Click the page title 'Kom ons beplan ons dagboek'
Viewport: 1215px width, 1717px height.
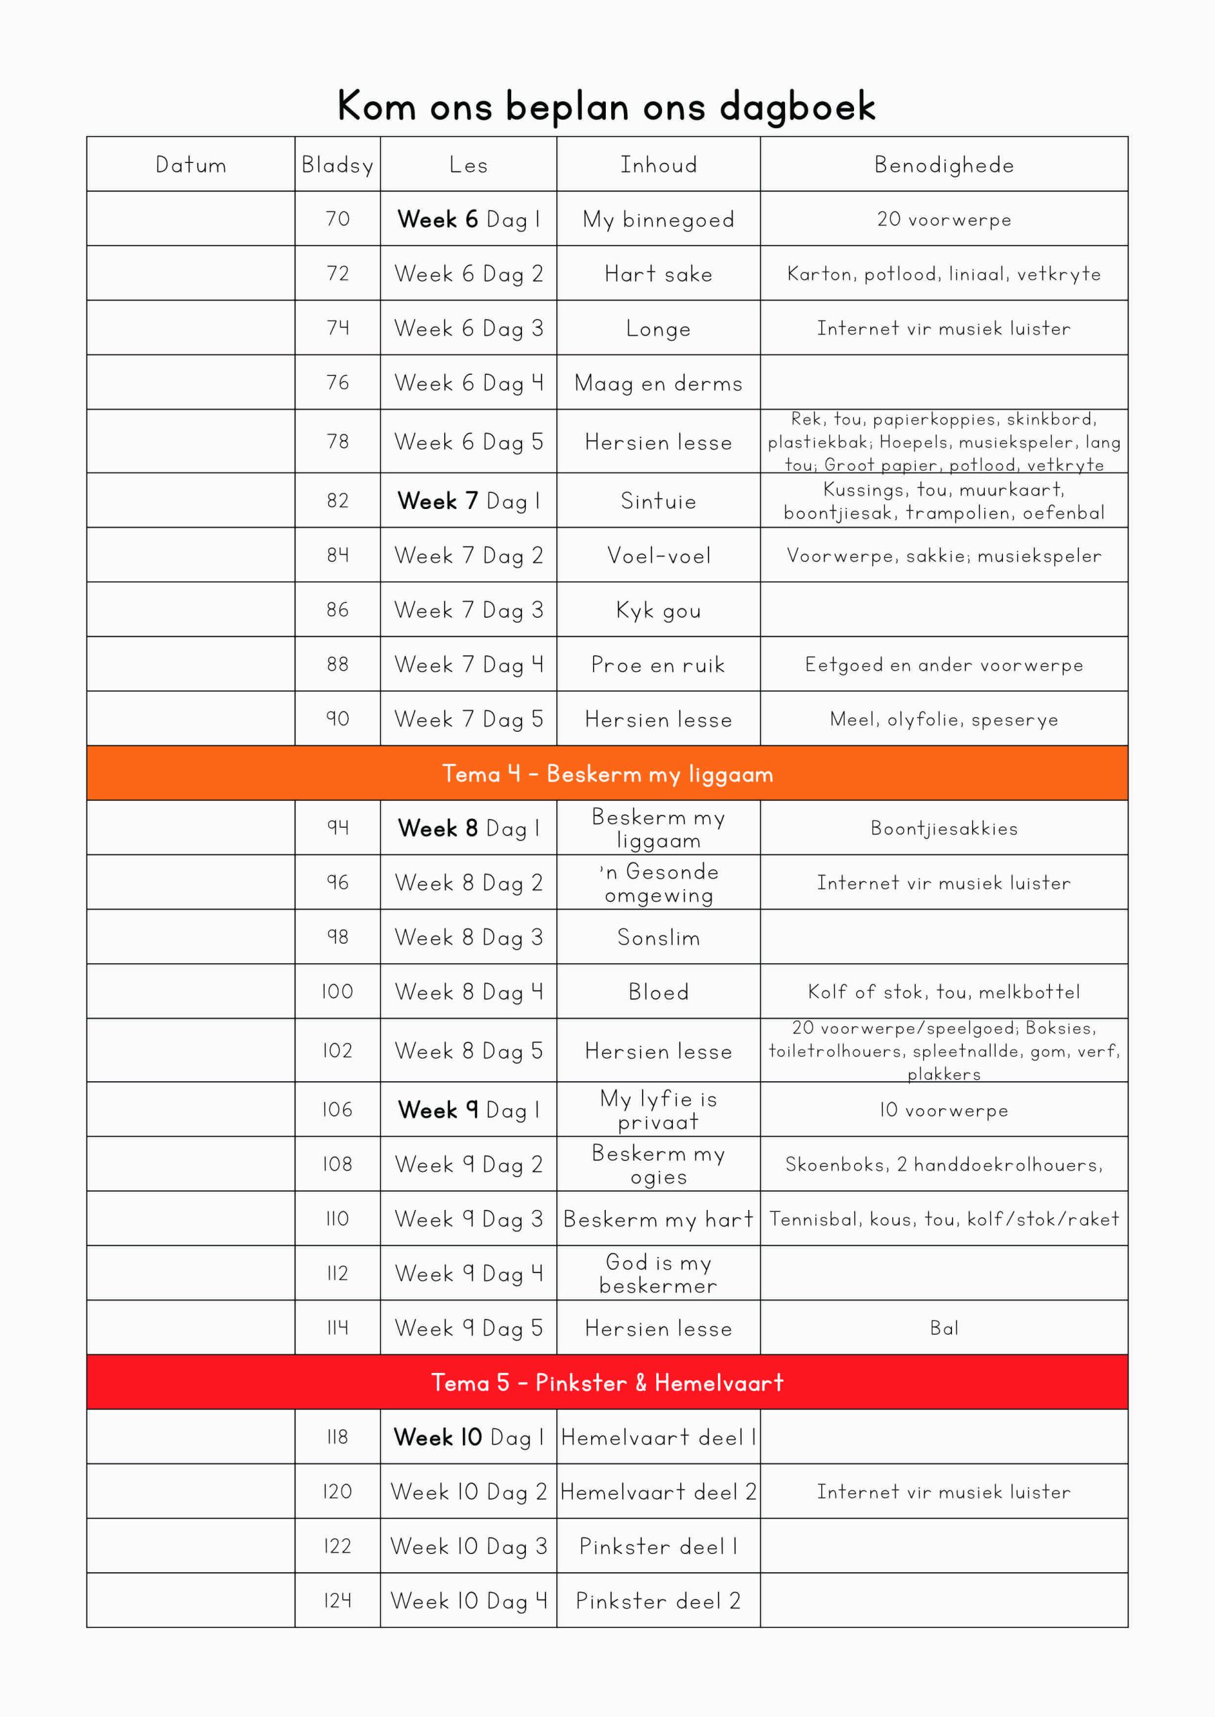coord(606,106)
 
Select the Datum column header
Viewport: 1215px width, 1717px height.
coord(191,164)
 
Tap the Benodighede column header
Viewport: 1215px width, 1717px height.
coord(943,164)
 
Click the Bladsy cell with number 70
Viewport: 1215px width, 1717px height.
coord(337,219)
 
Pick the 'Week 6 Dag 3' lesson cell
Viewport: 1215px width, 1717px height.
coord(468,328)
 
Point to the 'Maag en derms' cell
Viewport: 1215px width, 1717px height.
coord(657,383)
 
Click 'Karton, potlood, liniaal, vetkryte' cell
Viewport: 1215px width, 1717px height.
coord(943,274)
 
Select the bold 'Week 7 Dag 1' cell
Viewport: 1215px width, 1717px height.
coord(468,500)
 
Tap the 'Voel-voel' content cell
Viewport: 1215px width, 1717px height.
coord(657,555)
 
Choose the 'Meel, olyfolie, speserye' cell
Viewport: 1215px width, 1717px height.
coord(943,718)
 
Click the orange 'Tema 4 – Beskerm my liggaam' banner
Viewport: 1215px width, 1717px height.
coord(606,773)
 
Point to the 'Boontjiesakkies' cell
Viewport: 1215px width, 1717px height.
coord(943,828)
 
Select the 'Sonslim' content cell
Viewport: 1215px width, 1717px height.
coord(657,937)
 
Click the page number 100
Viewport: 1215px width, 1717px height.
coord(337,991)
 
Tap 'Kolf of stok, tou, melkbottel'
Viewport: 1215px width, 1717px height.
coord(943,991)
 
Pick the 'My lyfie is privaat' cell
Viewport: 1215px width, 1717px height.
coord(657,1110)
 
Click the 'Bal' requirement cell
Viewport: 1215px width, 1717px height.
coord(943,1328)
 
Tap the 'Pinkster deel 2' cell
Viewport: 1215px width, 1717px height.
coord(657,1601)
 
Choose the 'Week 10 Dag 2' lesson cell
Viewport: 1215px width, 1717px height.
coord(468,1492)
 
